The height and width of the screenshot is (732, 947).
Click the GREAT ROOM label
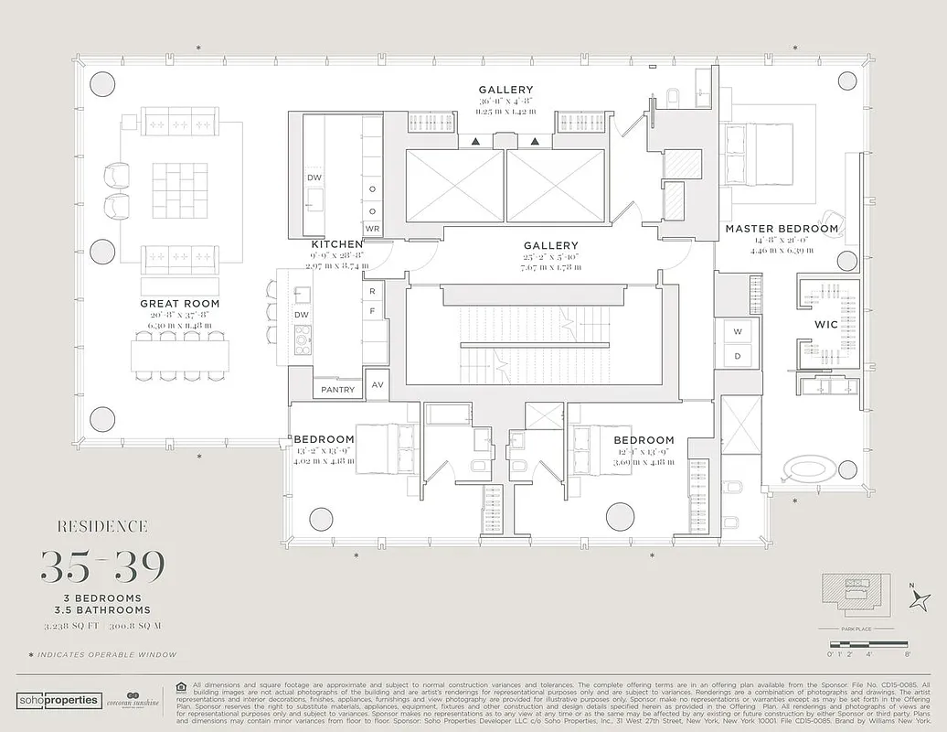point(179,303)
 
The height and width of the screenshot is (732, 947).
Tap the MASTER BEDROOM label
point(782,228)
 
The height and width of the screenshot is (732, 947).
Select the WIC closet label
point(826,324)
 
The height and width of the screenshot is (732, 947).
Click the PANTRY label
point(338,390)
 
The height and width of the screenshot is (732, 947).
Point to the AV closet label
point(377,385)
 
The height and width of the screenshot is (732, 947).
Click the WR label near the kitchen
point(372,228)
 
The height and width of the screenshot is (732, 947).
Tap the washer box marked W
point(739,331)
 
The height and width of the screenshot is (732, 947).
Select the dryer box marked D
point(739,355)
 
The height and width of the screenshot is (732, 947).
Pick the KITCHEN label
point(337,244)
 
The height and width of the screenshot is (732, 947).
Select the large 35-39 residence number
point(101,567)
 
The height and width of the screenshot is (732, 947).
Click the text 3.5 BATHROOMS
point(101,610)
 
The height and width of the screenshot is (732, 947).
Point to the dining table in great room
point(179,355)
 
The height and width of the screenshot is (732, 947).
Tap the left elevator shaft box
point(454,186)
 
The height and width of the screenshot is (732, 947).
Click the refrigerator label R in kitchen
point(372,292)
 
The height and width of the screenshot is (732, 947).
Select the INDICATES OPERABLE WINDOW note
point(101,655)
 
